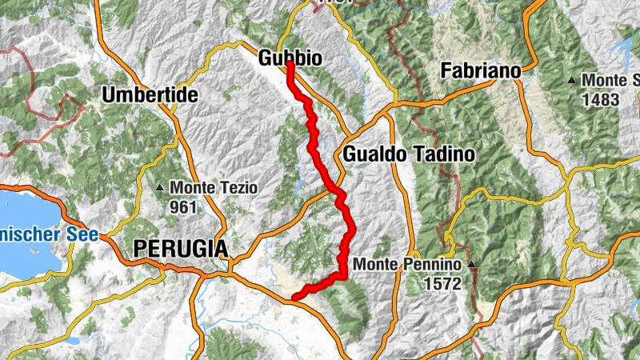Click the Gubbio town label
point(290,58)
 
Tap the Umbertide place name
point(150,94)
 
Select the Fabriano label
point(481,71)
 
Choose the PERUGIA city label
point(181,248)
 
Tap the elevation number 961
point(184,206)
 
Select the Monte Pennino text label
point(408,264)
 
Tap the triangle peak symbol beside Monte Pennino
point(472,264)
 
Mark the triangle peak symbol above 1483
point(571,81)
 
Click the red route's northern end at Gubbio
point(290,64)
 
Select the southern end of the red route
point(295,298)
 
